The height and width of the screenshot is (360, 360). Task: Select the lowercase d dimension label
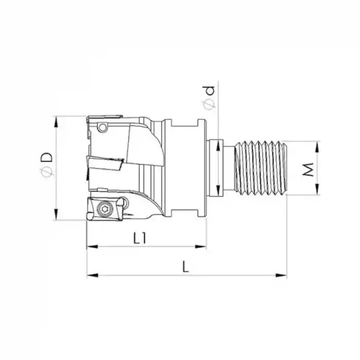209,92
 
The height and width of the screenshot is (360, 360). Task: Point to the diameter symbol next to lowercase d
209,105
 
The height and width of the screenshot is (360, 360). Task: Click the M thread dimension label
308,168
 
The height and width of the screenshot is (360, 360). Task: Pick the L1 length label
140,238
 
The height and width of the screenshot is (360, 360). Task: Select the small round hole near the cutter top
103,127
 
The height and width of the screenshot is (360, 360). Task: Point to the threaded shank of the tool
260,168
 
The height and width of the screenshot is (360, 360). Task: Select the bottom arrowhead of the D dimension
56,217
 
